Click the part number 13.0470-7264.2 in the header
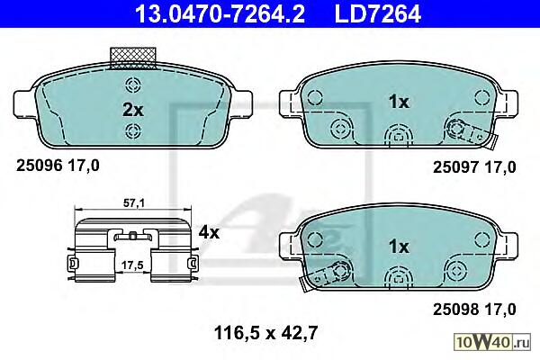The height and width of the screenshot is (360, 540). click(220, 13)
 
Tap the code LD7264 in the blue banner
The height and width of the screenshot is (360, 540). click(378, 13)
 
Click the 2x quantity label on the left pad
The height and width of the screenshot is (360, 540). click(133, 110)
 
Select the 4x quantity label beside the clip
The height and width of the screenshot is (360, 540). click(209, 233)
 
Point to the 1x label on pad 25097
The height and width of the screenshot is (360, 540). click(399, 102)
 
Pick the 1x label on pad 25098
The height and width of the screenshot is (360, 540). click(399, 247)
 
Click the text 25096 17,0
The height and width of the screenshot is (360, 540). click(58, 166)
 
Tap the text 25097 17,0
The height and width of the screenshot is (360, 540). click(474, 167)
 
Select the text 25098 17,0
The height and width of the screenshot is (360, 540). click(474, 310)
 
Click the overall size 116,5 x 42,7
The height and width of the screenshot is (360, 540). click(265, 333)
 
